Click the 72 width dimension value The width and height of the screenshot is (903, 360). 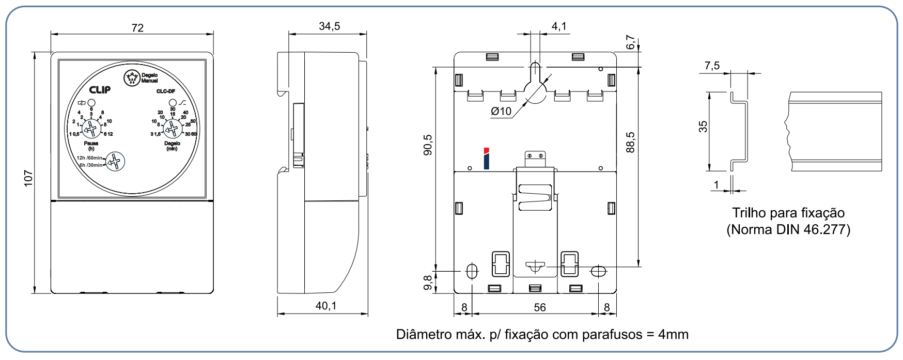coord(137,28)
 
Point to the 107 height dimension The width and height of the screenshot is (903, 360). coord(28,178)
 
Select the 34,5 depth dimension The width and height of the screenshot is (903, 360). coord(329,26)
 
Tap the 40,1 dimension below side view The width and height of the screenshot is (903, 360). coord(326,306)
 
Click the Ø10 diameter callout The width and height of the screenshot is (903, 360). coord(501,111)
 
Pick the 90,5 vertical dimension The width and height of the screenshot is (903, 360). coord(428,145)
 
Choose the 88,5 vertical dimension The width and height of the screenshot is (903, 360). coord(630,143)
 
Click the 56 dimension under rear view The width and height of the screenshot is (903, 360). coord(540,308)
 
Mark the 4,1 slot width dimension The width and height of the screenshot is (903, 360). coord(559,26)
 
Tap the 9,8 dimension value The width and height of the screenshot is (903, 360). coord(428,283)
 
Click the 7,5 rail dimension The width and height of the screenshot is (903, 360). coord(712,66)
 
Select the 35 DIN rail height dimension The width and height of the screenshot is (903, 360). coord(703,127)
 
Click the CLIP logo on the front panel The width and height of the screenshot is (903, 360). coord(100,90)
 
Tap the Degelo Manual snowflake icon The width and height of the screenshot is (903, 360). coord(132,78)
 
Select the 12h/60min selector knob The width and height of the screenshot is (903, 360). coord(115,162)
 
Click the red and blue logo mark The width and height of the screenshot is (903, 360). coord(486,159)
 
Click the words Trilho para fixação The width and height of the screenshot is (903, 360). coord(788,213)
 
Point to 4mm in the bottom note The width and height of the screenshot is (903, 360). coord(673,335)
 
